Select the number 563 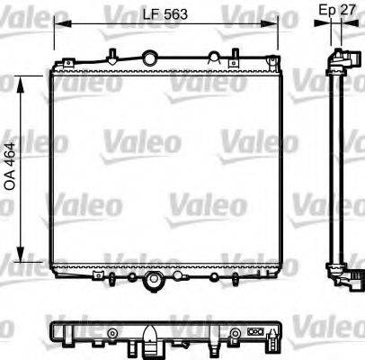point(178,14)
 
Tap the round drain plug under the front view point(152,283)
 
